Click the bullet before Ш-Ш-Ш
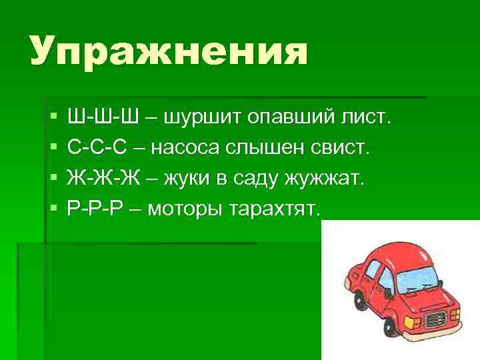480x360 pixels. point(54,118)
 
